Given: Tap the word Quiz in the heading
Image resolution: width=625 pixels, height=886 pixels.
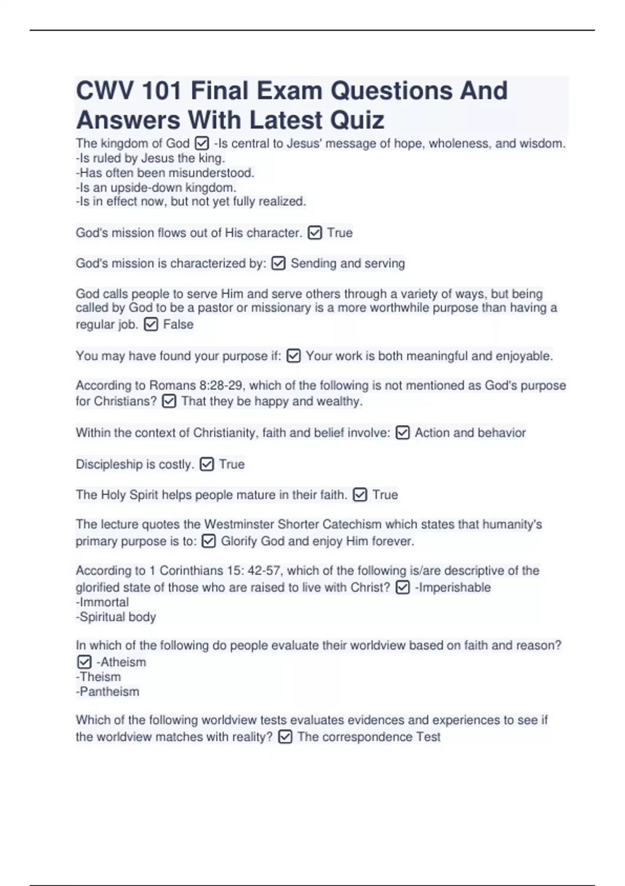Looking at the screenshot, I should pyautogui.click(x=357, y=120).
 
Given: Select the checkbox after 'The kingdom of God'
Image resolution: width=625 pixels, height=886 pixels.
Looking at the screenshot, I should pyautogui.click(x=202, y=143).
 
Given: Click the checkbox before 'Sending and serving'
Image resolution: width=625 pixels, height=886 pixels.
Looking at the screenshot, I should pyautogui.click(x=279, y=264).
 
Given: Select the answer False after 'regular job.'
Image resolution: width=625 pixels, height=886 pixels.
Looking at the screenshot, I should pyautogui.click(x=178, y=324).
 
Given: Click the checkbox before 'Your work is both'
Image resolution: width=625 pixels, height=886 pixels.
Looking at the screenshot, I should pyautogui.click(x=294, y=356).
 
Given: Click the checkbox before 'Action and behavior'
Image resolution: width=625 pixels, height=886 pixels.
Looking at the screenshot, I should pyautogui.click(x=403, y=433).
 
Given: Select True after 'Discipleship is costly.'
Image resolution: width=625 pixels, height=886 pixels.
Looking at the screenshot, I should pyautogui.click(x=232, y=464).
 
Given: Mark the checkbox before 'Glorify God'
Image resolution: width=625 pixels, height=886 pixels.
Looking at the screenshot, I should pyautogui.click(x=208, y=541).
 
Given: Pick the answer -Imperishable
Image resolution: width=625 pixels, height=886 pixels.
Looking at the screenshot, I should pyautogui.click(x=453, y=587).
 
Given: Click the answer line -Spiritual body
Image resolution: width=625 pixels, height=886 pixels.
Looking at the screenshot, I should pyautogui.click(x=116, y=617).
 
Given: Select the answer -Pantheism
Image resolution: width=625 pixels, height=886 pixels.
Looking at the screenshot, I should pyautogui.click(x=108, y=692).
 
